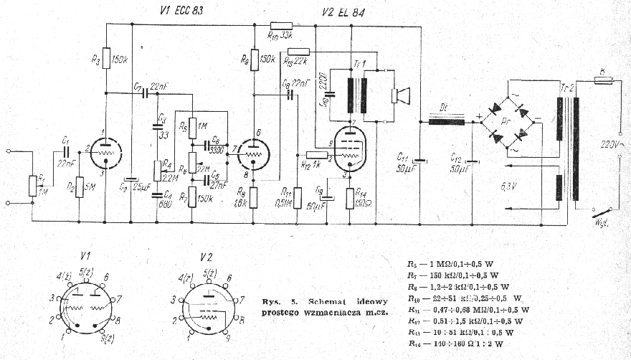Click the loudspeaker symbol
click(400, 96)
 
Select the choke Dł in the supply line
click(446, 122)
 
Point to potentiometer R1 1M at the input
click(32, 185)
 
